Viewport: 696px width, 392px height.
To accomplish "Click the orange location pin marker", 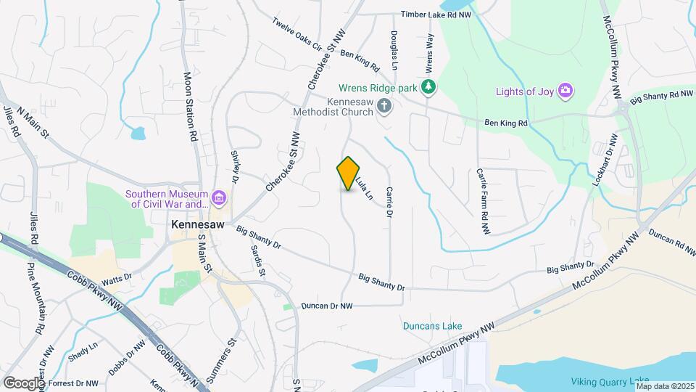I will [349, 173].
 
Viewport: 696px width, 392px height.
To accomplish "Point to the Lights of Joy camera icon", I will [565, 91].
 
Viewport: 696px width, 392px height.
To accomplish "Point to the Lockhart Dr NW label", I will [602, 160].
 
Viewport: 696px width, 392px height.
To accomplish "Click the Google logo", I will [24, 383].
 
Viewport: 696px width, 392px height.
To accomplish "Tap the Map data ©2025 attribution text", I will [665, 386].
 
